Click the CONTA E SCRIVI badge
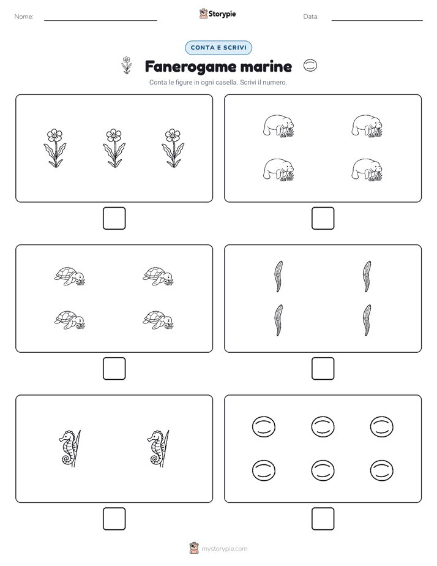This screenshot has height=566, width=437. tap(218, 48)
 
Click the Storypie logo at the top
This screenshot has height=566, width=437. tap(217, 13)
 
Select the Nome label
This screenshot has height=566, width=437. tap(24, 17)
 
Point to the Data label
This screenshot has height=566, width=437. tap(311, 17)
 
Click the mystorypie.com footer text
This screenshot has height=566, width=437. tap(224, 549)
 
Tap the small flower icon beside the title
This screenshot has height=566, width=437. tap(126, 66)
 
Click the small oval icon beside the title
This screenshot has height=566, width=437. tap(310, 66)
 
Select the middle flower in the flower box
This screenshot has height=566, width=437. tap(114, 148)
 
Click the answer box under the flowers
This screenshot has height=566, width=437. tap(114, 219)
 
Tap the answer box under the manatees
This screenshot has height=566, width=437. tap(323, 219)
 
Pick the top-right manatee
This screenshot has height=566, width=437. tap(367, 126)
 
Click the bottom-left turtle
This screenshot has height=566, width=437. tap(70, 320)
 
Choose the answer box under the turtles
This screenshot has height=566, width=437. tap(114, 369)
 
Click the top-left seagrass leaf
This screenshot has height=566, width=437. tap(278, 276)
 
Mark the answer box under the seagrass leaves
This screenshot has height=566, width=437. tap(323, 369)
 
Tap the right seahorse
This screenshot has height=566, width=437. tap(159, 448)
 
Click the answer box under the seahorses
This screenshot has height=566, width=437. tap(114, 519)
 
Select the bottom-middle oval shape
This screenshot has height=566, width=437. tap(323, 470)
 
